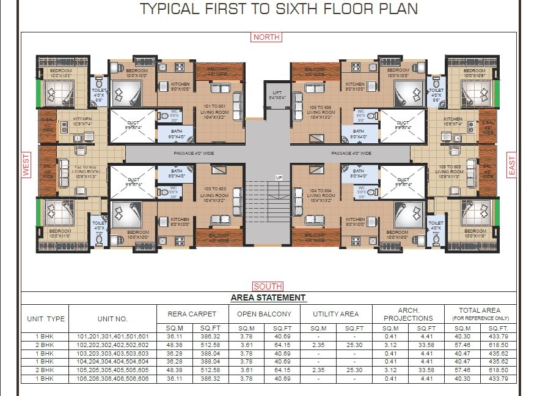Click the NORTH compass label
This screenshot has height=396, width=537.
(x=266, y=37)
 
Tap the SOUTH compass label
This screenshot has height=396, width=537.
(x=268, y=286)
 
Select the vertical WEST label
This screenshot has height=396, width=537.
(x=26, y=165)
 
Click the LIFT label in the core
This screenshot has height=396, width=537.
(x=277, y=95)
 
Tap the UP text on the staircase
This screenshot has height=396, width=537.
(x=279, y=177)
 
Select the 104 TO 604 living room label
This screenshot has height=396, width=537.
(x=321, y=195)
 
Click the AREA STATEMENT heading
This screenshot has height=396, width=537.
(x=268, y=298)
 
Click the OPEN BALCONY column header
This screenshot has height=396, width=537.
(x=265, y=314)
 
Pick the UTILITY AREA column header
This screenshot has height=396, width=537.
(x=336, y=314)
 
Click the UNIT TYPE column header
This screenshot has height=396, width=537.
(x=46, y=319)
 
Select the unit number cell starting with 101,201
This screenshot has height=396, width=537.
(x=113, y=337)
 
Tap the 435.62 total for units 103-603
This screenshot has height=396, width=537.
(x=498, y=354)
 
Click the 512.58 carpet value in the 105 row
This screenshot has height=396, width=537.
(x=210, y=371)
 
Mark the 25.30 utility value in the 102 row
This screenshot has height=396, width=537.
(x=354, y=345)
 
